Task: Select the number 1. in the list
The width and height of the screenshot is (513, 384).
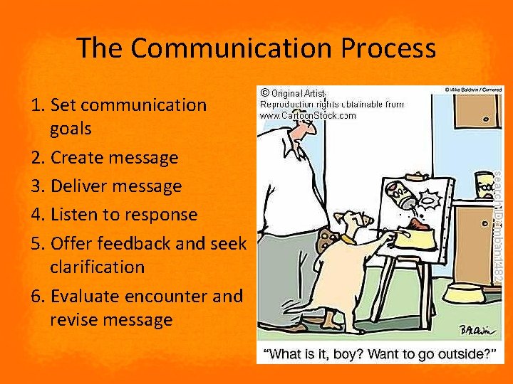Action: (39, 105)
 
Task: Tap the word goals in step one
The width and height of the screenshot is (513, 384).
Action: (71, 129)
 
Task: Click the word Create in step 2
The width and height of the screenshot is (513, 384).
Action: (78, 157)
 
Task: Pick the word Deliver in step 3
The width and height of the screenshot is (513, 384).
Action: (81, 186)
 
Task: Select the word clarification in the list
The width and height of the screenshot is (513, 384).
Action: (97, 267)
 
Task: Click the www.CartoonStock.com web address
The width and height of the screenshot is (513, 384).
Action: (307, 115)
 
